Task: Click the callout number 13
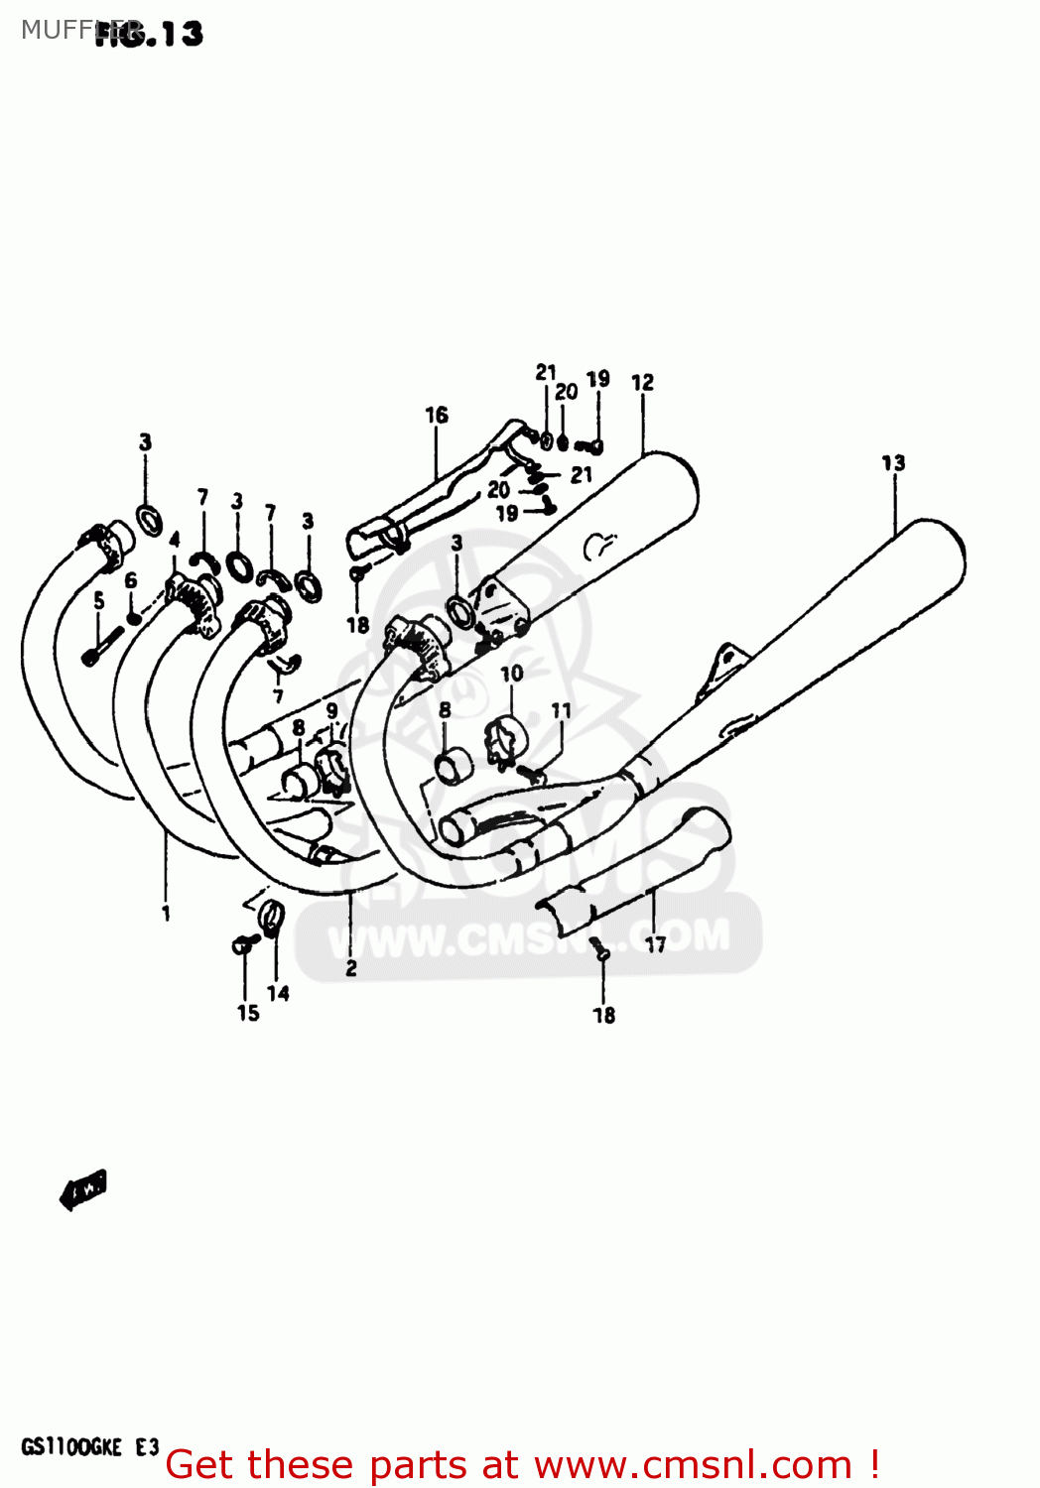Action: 893,462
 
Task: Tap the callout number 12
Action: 642,382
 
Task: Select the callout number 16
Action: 437,415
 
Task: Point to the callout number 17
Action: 656,944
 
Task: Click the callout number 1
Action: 166,913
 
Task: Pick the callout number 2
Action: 350,968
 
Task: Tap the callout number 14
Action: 278,992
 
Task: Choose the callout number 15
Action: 248,1013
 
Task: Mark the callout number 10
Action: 511,674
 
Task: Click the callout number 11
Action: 562,710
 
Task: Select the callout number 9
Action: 331,710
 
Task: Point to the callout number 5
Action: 98,600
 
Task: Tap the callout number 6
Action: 131,580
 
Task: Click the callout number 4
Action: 175,541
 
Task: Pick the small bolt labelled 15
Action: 242,944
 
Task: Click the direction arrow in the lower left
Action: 83,1187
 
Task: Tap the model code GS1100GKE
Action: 71,1447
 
